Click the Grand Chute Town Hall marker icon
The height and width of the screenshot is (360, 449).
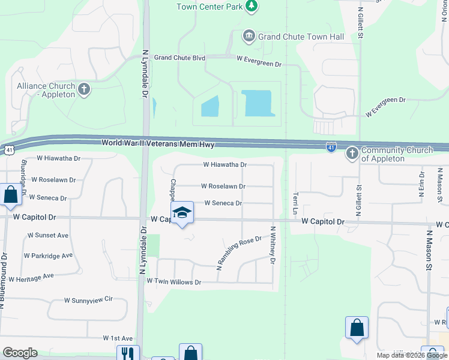pos(249,37)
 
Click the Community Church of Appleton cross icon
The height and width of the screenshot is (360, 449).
pos(352,154)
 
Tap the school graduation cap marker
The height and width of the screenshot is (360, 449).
pos(182,212)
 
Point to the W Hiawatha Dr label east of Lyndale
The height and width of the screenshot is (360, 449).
pos(225,164)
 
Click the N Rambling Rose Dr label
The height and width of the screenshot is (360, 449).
pos(240,251)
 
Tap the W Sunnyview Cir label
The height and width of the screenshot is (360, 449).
pos(88,299)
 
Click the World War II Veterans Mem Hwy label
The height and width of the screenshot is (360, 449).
pos(158,143)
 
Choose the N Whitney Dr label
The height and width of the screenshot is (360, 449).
pos(273,245)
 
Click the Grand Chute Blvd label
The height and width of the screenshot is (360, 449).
pos(179,58)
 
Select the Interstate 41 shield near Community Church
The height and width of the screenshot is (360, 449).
pos(331,146)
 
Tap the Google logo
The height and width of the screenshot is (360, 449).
pos(20,353)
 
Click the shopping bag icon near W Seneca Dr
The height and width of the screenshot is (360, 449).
pos(10,194)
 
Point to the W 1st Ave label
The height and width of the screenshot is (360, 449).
pos(118,338)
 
